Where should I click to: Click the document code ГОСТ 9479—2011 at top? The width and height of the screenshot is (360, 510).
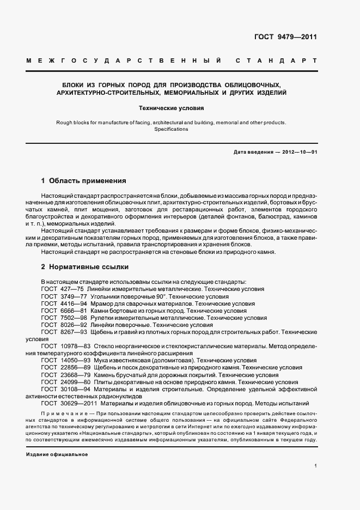tap(285, 38)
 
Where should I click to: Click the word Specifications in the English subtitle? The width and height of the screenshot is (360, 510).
tap(171, 129)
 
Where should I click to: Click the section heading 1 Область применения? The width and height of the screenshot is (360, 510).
tap(83, 180)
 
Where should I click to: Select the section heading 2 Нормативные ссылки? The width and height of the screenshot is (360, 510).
tap(84, 268)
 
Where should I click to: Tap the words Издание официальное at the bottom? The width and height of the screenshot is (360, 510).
tap(57, 454)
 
